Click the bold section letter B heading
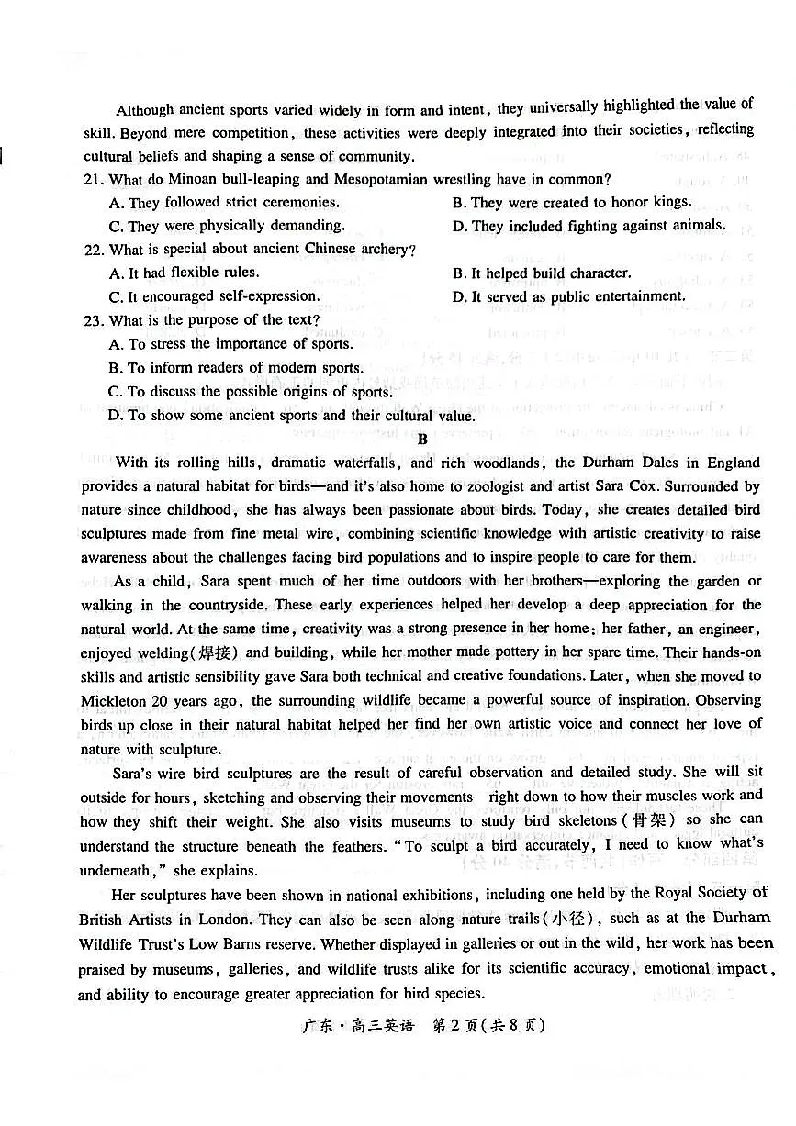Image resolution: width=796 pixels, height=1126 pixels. (x=422, y=439)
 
